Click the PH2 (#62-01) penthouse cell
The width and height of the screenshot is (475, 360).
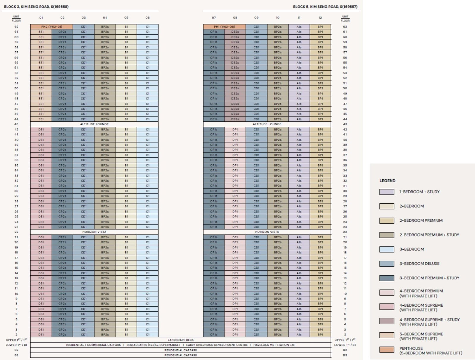pyautogui.click(x=52, y=27)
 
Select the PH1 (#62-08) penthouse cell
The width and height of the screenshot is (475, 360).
pyautogui.click(x=224, y=27)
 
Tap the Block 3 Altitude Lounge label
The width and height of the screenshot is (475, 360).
pyautogui.click(x=94, y=124)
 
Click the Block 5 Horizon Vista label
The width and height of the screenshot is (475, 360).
pyautogui.click(x=267, y=232)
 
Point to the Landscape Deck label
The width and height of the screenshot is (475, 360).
pyautogui.click(x=180, y=340)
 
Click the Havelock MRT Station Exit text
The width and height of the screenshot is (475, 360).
pyautogui.click(x=274, y=345)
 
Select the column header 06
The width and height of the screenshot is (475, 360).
pyautogui.click(x=148, y=18)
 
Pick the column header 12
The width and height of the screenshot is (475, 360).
pyautogui.click(x=320, y=18)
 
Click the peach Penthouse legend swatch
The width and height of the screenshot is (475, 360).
pyautogui.click(x=387, y=350)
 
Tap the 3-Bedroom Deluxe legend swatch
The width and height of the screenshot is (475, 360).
pyautogui.click(x=387, y=264)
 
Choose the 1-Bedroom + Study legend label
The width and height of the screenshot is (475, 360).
pyautogui.click(x=419, y=192)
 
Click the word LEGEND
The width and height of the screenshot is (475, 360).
pyautogui.click(x=387, y=180)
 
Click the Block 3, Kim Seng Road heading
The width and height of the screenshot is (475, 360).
pyautogui.click(x=36, y=7)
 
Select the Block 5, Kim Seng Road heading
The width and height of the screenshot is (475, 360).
pyautogui.click(x=325, y=7)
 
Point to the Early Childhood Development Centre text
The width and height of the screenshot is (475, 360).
pyautogui.click(x=217, y=345)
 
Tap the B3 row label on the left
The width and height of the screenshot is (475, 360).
pyautogui.click(x=16, y=355)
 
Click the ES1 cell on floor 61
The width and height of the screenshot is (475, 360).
pyautogui.click(x=41, y=32)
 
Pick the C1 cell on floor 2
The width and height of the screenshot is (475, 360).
pyautogui.click(x=148, y=334)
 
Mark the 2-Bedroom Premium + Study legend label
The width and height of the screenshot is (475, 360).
pyautogui.click(x=429, y=235)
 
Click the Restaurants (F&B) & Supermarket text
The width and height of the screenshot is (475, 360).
pyautogui.click(x=153, y=345)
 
